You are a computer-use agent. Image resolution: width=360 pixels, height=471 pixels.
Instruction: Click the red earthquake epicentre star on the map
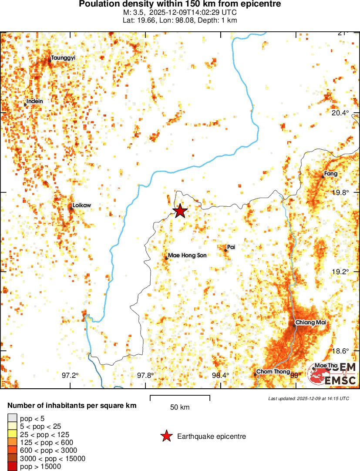point(180,211)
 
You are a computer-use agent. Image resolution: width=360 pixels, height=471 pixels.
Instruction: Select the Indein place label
point(35,101)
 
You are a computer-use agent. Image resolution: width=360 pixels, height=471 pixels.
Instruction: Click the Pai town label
point(231,247)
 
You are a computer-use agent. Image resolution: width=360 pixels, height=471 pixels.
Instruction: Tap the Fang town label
point(331,174)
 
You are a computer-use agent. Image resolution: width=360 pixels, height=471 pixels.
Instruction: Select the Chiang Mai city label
point(310,323)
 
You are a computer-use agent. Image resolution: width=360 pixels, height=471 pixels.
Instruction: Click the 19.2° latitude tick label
point(340,272)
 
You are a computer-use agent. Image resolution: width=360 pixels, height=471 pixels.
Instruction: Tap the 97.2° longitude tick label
point(70,376)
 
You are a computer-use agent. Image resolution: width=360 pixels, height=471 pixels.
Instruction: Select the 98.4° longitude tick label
point(221,376)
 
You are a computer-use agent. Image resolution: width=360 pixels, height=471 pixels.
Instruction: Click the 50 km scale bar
point(180,397)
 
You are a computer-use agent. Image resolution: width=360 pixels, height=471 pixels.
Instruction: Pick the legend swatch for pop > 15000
point(13,467)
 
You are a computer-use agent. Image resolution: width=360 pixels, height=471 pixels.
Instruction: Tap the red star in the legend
point(166,436)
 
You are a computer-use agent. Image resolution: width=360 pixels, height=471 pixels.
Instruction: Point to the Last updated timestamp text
point(309,398)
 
